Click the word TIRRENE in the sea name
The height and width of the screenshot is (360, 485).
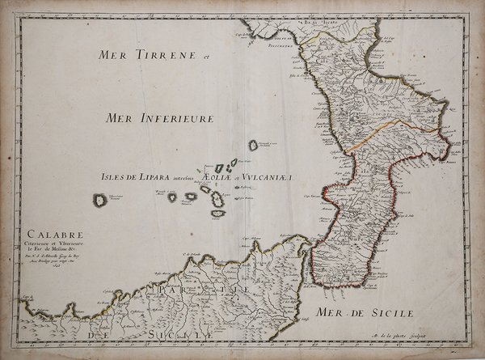pyautogui.click(x=162, y=57)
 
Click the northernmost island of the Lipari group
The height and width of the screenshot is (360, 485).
pyautogui.click(x=253, y=146)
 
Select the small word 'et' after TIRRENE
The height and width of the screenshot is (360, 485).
pyautogui.click(x=205, y=57)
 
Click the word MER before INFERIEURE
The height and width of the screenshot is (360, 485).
pyautogui.click(x=121, y=118)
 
